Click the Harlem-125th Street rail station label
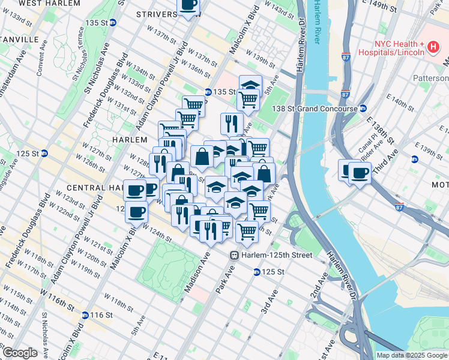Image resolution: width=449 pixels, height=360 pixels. (277, 256)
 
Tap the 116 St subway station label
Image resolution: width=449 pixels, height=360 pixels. (101, 315)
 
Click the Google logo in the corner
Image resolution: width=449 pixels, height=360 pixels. (19, 353)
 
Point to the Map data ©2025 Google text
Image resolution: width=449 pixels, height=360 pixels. (411, 355)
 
